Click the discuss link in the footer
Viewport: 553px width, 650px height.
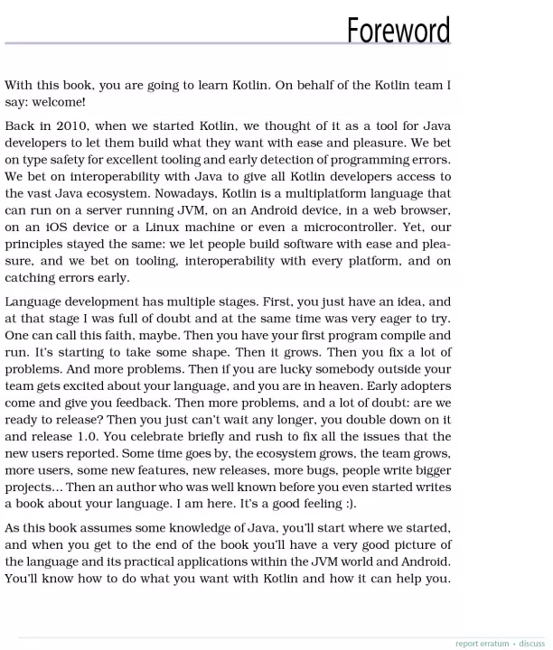[x=532, y=643]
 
